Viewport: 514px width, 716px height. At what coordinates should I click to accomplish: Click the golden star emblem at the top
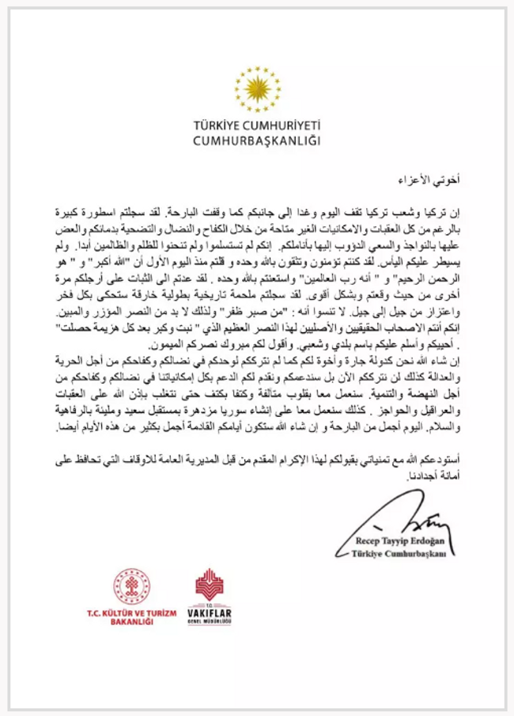click(x=256, y=89)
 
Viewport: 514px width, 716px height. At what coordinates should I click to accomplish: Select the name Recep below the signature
click(x=376, y=541)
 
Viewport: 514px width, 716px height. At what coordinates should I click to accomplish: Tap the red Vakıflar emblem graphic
click(x=209, y=585)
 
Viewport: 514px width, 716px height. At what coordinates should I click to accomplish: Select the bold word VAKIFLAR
click(x=209, y=612)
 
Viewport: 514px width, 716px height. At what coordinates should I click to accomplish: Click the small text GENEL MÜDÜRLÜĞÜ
click(x=209, y=622)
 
